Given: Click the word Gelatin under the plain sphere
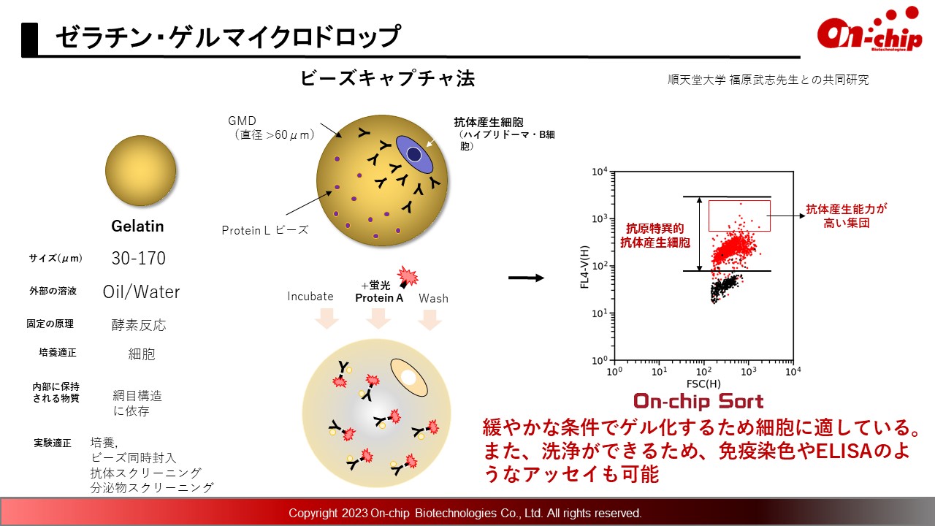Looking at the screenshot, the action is pos(137,226).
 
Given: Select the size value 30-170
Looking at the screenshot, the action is pos(139,258).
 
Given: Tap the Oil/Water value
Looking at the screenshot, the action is pos(141,291).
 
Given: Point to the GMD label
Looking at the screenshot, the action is pos(242,121).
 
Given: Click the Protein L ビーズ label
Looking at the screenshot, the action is pos(265,230).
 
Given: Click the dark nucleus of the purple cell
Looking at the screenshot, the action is pos(413,154).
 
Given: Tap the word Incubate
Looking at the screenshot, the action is pos(310,297).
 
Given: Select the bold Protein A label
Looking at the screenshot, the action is pos(379,298).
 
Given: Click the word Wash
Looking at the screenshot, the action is pos(433,299).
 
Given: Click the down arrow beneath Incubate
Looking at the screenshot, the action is pos(327,318).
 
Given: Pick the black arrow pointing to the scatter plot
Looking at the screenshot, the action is pos(526,278).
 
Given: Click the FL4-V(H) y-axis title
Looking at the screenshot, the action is pos(584,267).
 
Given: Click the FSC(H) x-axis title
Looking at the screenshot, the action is pos(703,384).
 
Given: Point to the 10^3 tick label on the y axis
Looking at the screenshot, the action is pos(600,218).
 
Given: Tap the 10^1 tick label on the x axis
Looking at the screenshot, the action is pos(659,370).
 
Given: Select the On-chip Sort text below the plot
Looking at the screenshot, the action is pos(698,402).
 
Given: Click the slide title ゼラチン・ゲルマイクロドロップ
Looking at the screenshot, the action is pos(228,37).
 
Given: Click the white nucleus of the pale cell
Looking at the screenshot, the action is pos(408,378).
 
